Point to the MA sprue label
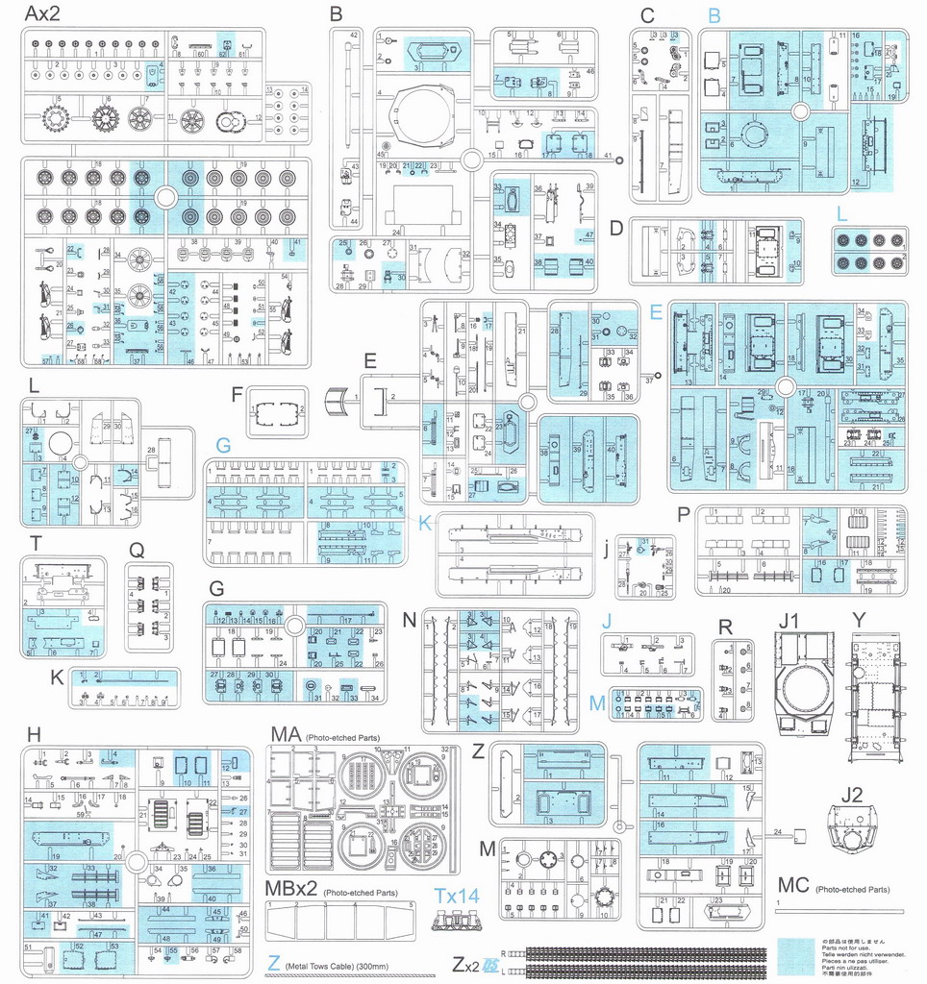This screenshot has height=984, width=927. pyautogui.click(x=285, y=735)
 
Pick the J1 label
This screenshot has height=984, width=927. pyautogui.click(x=789, y=622)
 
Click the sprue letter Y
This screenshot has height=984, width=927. pyautogui.click(x=859, y=622)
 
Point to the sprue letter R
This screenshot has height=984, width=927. pyautogui.click(x=725, y=627)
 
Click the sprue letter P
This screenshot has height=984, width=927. pyautogui.click(x=683, y=514)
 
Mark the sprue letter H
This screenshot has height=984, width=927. pyautogui.click(x=35, y=735)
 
